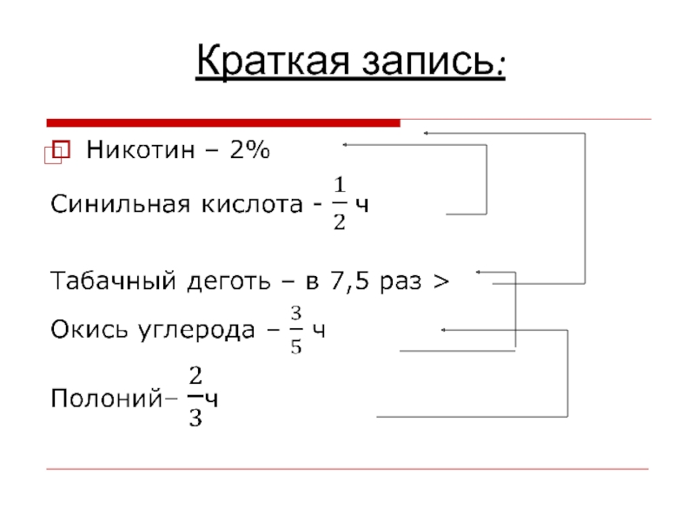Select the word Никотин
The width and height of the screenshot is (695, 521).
pyautogui.click(x=138, y=153)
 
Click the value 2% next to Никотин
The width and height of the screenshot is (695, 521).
pyautogui.click(x=250, y=153)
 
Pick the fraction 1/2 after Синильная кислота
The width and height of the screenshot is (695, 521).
pyautogui.click(x=340, y=203)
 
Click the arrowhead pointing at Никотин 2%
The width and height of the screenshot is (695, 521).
pyautogui.click(x=345, y=144)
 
